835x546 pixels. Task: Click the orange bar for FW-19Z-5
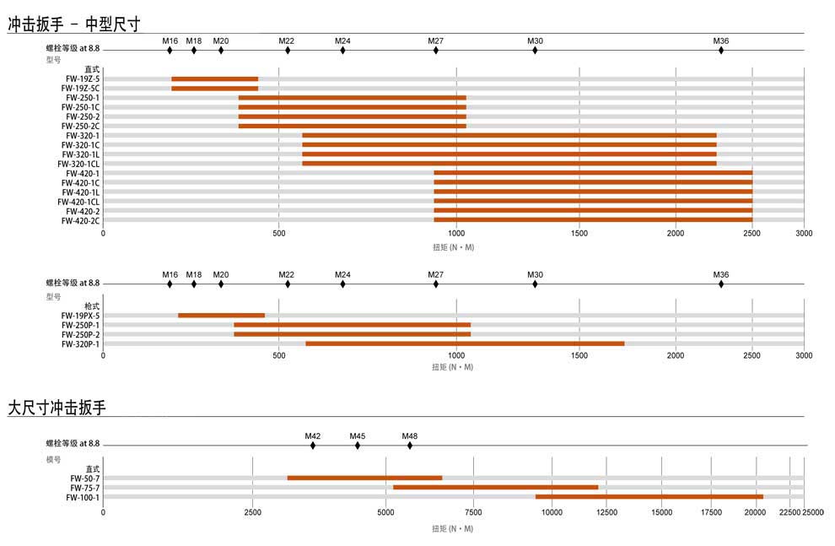pyautogui.click(x=214, y=79)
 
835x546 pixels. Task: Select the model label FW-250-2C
pyautogui.click(x=81, y=127)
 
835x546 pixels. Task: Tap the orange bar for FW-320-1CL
pyautogui.click(x=509, y=164)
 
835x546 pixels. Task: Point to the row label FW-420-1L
pyautogui.click(x=81, y=192)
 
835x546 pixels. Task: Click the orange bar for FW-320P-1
pyautogui.click(x=465, y=344)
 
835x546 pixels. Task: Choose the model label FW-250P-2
pyautogui.click(x=80, y=335)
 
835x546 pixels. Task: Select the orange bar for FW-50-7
pyautogui.click(x=364, y=478)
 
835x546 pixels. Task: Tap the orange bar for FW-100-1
pyautogui.click(x=649, y=497)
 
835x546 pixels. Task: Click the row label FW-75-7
pyautogui.click(x=85, y=488)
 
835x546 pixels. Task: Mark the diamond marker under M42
pyautogui.click(x=313, y=446)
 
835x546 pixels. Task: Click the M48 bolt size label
pyautogui.click(x=410, y=436)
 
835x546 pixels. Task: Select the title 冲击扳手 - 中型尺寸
pyautogui.click(x=73, y=24)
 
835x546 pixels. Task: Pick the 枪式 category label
pyautogui.click(x=92, y=306)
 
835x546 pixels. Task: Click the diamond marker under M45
pyautogui.click(x=358, y=446)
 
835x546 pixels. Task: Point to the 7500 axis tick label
pyautogui.click(x=473, y=511)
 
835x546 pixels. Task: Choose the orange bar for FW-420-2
pyautogui.click(x=593, y=211)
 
